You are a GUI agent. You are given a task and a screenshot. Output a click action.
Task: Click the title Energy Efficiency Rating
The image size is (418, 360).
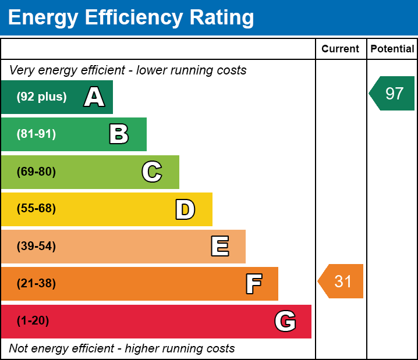point(131,18)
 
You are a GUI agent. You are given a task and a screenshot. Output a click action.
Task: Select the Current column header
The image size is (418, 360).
point(340,49)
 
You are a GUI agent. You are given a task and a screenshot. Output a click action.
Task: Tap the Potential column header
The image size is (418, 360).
point(392,49)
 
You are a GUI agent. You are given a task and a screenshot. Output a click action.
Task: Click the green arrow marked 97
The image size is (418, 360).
point(392,93)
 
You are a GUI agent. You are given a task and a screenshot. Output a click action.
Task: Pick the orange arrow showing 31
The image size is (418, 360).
point(342,281)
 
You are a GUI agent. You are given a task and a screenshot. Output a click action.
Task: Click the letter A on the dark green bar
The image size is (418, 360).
point(94,97)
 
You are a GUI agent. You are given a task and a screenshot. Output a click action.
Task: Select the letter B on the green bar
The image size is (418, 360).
point(119,134)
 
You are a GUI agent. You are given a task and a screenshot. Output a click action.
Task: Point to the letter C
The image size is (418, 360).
point(151,172)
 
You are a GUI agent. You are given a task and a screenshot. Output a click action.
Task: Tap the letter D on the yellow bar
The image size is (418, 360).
point(185,209)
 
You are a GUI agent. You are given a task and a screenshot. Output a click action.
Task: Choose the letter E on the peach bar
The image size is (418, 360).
point(219,247)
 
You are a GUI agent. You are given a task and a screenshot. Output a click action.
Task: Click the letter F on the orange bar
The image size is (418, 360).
point(253,284)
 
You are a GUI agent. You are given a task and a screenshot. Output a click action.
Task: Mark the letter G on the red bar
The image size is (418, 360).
point(285,321)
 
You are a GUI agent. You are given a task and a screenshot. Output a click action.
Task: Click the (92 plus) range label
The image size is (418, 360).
point(41,97)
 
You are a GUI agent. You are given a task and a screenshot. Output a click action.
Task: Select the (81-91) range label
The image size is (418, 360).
point(36,134)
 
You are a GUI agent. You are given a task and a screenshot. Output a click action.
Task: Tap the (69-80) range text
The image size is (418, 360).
point(36,172)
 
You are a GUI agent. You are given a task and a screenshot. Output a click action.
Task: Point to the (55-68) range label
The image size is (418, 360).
point(36,209)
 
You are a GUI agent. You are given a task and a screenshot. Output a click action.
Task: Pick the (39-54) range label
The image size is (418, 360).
point(36,247)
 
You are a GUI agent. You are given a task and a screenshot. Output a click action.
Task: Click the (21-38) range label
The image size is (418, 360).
point(36,284)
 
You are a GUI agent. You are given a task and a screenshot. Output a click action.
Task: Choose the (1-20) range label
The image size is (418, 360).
point(33,321)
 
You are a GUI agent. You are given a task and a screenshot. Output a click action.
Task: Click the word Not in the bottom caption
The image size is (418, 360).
point(18,349)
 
